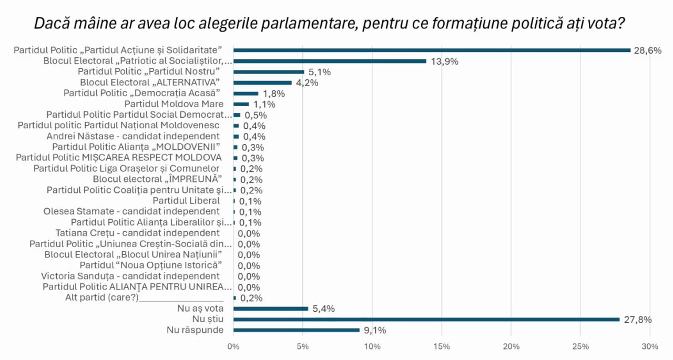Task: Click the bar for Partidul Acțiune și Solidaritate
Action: coord(431,50)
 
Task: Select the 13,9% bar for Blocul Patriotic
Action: coord(329,61)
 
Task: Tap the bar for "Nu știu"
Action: coord(426,319)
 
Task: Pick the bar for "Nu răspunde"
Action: coord(296,330)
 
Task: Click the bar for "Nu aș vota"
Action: coord(270,308)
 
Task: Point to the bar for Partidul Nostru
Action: coord(268,71)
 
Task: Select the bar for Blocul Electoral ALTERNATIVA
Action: coord(262,83)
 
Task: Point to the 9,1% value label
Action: coord(375,331)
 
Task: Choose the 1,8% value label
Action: coord(273,94)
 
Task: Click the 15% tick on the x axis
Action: coord(442,347)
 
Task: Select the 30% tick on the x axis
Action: coord(650,347)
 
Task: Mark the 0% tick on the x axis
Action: coord(233,347)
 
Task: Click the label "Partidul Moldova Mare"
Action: coord(174,104)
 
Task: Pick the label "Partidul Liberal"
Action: coord(186,201)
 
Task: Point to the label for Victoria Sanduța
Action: coord(130,276)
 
